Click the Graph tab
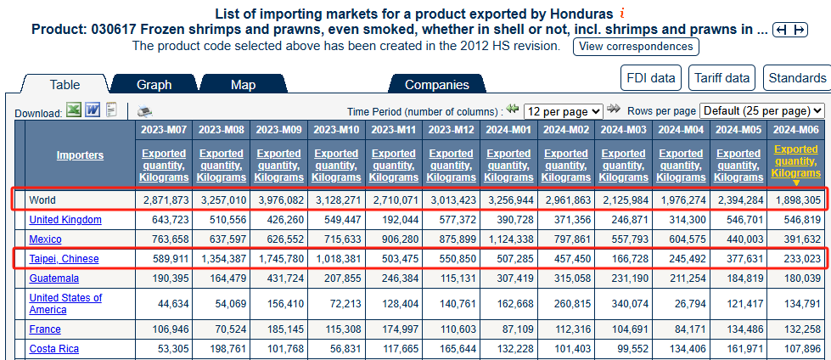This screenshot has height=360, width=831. [x=154, y=84]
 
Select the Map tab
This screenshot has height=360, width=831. [x=243, y=84]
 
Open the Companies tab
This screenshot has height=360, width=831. [x=436, y=84]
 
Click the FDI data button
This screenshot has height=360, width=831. [x=651, y=78]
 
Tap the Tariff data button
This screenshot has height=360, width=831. [x=722, y=78]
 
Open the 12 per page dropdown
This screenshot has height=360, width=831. [x=563, y=111]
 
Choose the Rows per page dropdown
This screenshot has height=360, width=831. [x=762, y=111]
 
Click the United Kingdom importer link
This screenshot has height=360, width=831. [x=65, y=220]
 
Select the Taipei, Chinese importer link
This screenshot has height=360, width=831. [x=64, y=259]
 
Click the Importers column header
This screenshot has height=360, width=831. [x=80, y=155]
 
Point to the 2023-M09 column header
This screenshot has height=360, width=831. [x=279, y=130]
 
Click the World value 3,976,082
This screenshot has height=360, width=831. [x=279, y=200]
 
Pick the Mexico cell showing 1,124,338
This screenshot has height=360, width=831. [x=510, y=239]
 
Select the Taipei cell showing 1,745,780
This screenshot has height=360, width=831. [x=279, y=259]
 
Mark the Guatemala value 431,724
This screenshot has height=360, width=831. [x=279, y=278]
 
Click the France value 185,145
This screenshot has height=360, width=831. [x=279, y=329]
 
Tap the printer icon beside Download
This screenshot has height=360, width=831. [x=144, y=111]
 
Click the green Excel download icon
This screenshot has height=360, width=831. [x=74, y=111]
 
